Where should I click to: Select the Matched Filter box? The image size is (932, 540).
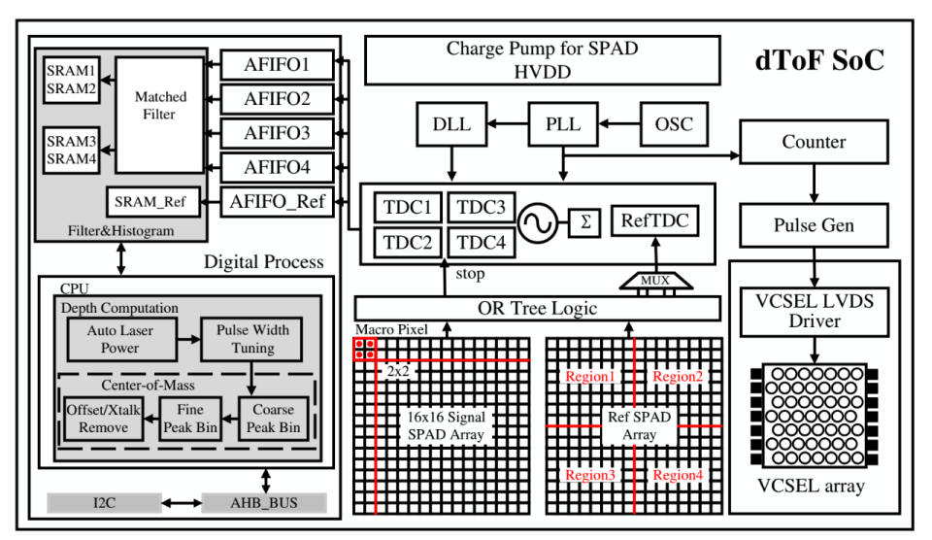click(x=161, y=107)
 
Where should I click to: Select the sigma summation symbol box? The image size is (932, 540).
click(x=585, y=221)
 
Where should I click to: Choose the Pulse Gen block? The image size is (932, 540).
click(x=814, y=225)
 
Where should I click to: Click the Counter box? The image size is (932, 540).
click(x=814, y=142)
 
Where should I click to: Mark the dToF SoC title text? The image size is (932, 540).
click(x=820, y=61)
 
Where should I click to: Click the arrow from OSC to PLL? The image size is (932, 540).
click(x=621, y=124)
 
